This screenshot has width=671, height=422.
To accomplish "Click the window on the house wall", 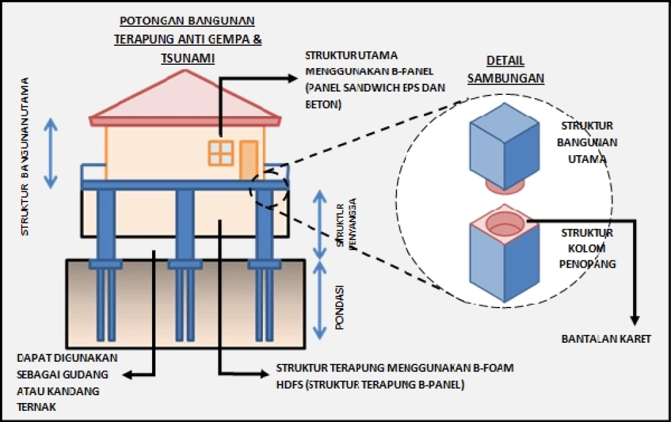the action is pyautogui.click(x=221, y=153).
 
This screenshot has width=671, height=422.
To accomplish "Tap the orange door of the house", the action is pyautogui.click(x=248, y=160).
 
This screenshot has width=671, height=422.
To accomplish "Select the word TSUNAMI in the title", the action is pyautogui.click(x=188, y=58).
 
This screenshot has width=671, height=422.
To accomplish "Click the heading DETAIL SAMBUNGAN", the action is pyautogui.click(x=505, y=69).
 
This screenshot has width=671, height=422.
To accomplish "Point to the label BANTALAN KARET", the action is pyautogui.click(x=606, y=339).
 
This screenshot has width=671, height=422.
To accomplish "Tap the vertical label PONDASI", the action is pyautogui.click(x=340, y=307).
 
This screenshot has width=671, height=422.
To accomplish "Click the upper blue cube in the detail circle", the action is pyautogui.click(x=504, y=147).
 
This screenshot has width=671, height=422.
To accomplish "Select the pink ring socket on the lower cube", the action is pyautogui.click(x=505, y=224).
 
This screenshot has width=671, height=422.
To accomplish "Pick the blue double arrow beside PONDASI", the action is pyautogui.click(x=319, y=300).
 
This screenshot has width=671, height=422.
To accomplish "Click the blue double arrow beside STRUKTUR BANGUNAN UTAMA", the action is pyautogui.click(x=50, y=153).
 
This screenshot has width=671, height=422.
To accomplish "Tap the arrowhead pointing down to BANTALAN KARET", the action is pyautogui.click(x=635, y=321).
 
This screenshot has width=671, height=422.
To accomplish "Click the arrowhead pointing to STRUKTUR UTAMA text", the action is pyautogui.click(x=293, y=78).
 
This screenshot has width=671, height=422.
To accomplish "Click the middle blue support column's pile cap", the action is pyautogui.click(x=185, y=264).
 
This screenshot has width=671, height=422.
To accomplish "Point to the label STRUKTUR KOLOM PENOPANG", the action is pyautogui.click(x=587, y=249).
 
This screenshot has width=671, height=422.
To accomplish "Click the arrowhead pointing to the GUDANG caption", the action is pyautogui.click(x=128, y=375).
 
